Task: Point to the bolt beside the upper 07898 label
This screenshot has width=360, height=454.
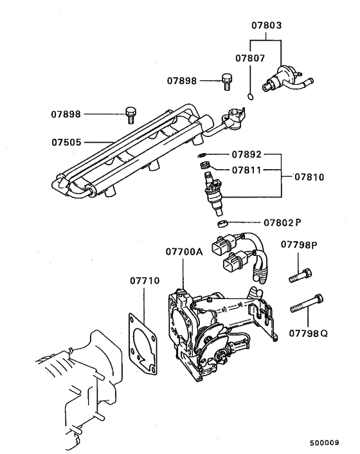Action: [226, 81]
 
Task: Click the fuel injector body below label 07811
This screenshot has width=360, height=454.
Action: [213, 194]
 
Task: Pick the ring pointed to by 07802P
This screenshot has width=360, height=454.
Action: [220, 223]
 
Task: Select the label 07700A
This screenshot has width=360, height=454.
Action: [184, 251]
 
